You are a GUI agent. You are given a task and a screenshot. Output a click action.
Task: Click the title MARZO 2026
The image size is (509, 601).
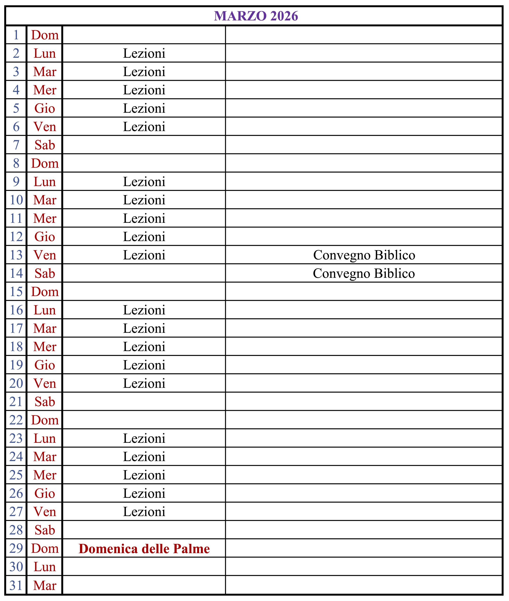(256, 16)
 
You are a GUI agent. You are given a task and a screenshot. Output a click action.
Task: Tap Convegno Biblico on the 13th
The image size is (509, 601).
(364, 255)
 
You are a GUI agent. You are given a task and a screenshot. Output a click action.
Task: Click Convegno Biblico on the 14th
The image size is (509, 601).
(364, 274)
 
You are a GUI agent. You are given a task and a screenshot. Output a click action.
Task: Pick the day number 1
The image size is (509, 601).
(16, 35)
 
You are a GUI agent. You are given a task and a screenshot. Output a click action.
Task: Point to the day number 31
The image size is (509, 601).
(16, 586)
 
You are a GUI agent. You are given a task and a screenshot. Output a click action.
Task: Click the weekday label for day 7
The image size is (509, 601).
(45, 145)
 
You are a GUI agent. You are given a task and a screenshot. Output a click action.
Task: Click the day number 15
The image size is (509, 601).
(16, 292)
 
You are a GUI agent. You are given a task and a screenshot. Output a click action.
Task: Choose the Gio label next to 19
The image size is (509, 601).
(45, 365)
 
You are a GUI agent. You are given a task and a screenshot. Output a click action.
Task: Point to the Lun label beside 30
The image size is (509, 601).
(45, 567)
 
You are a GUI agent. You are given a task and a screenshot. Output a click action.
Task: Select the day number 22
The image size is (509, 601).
(16, 420)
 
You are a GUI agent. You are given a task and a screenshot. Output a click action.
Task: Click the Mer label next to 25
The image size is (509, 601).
(45, 475)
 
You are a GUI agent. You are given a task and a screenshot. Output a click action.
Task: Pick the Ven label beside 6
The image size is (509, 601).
(45, 127)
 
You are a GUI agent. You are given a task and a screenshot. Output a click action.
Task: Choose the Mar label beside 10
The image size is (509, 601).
(45, 200)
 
